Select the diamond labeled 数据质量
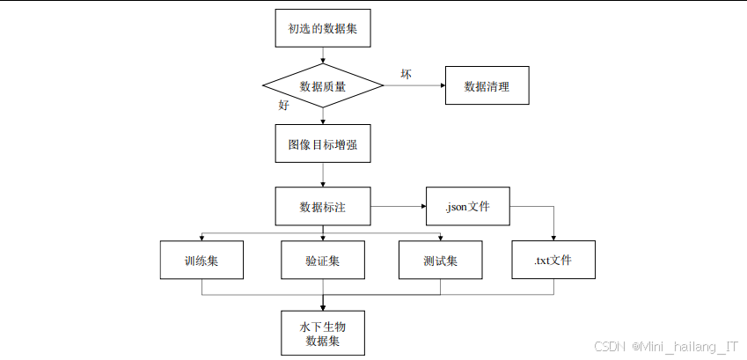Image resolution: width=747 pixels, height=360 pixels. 323,86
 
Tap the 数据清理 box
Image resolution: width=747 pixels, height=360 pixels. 487,86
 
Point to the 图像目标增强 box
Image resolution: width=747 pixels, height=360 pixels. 323,144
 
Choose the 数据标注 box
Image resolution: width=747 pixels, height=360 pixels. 323,208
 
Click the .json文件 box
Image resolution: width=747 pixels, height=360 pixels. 467,208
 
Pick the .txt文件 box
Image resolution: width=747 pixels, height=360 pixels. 553,261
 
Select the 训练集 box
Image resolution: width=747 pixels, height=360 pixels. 201,261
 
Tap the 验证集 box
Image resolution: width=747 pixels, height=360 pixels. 323,261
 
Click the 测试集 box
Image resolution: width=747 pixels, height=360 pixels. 440,261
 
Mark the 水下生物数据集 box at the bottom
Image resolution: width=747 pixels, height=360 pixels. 323,333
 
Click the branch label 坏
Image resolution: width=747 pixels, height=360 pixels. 406,72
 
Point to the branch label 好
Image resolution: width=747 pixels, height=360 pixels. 283,105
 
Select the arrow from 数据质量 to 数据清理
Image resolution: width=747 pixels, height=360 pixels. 414,86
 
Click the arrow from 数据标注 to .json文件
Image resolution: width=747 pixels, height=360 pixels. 398,208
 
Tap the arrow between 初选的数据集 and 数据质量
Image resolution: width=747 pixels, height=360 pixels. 323,56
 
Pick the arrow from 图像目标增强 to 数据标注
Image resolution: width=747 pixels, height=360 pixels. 323,176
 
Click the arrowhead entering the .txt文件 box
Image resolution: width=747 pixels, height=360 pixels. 553,237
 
